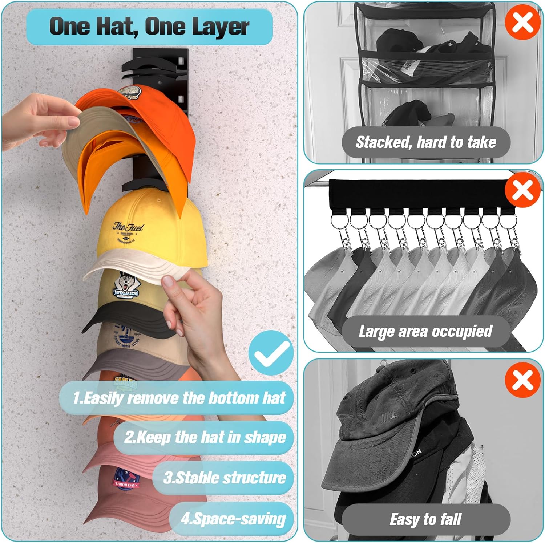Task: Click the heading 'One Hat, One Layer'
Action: [x=149, y=27]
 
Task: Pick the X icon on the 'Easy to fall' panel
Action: [x=522, y=380]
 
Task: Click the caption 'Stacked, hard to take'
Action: [x=425, y=142]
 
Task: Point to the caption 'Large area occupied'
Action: [x=425, y=331]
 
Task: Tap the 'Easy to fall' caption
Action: [x=425, y=519]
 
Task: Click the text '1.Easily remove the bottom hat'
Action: [x=179, y=398]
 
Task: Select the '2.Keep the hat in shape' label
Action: [x=205, y=437]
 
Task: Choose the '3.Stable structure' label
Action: [x=224, y=478]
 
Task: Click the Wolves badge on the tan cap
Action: [x=125, y=285]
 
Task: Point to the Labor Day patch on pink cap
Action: [x=125, y=479]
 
